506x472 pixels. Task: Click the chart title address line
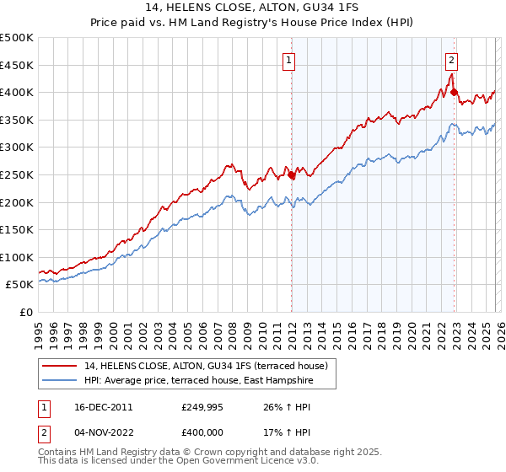pos(252,8)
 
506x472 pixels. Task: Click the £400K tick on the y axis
pos(17,93)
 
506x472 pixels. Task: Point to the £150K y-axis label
pos(17,229)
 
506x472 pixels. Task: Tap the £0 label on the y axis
pos(25,312)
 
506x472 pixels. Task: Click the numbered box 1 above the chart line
pos(289,60)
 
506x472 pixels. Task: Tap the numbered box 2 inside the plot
pos(452,60)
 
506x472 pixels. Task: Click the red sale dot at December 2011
pos(291,175)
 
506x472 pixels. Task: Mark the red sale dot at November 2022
pos(454,93)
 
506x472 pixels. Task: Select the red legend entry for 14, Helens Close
pos(211,366)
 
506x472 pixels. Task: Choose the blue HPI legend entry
pos(198,381)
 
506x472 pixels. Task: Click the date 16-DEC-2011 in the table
pos(103,406)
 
